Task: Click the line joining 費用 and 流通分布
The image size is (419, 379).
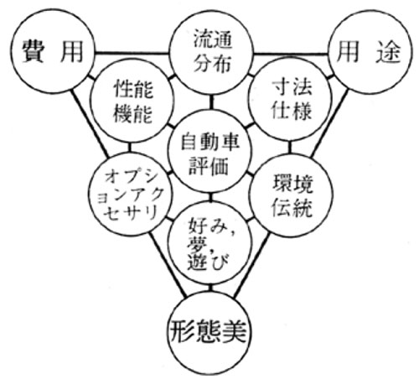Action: click(132, 53)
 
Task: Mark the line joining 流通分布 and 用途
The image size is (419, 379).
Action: click(291, 53)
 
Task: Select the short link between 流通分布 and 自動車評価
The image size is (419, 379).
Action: click(211, 102)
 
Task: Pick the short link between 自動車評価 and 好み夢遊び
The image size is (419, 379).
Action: click(210, 198)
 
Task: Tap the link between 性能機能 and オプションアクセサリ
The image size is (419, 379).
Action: click(129, 147)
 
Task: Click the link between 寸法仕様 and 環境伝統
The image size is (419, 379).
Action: click(290, 147)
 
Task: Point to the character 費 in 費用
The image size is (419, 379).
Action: click(33, 51)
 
